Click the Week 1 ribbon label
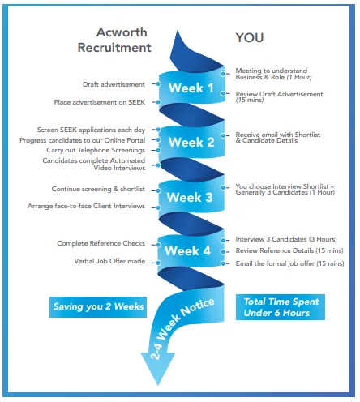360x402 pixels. point(191,88)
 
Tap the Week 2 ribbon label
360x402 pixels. point(191,143)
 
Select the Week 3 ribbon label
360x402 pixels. point(190,198)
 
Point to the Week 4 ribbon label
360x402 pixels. point(187,251)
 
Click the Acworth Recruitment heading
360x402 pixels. point(114,40)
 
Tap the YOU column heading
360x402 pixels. point(250,37)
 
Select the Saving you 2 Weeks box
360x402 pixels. point(98,307)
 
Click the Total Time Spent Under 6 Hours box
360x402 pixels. point(281,307)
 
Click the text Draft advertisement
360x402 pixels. point(114,84)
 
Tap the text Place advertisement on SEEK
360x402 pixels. point(100,102)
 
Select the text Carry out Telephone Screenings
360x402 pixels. point(96,150)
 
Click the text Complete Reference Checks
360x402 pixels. point(101,243)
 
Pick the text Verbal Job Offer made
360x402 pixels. point(109,261)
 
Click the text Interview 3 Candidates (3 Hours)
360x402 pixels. point(286,239)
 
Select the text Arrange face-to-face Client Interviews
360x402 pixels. point(86,206)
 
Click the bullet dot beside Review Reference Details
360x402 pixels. point(223,252)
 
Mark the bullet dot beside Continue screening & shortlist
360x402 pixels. point(158,190)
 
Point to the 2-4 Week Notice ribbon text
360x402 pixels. point(182,327)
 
